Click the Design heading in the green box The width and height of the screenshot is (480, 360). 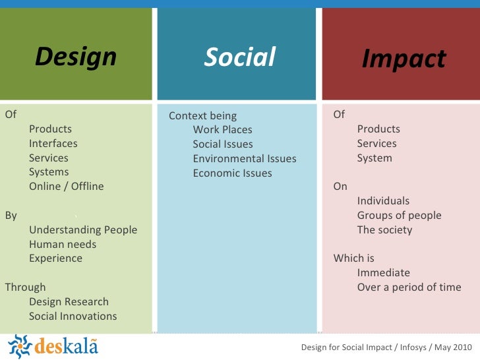76,57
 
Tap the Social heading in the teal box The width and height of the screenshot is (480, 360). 239,57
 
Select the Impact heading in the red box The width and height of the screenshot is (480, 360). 404,59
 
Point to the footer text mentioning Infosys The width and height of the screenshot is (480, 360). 386,347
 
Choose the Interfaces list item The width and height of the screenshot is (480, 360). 53,144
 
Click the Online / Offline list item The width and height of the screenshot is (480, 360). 66,186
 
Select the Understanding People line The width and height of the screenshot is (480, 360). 83,230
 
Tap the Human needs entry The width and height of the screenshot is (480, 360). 63,245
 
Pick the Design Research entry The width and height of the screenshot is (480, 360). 69,302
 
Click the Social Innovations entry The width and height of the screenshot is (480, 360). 73,316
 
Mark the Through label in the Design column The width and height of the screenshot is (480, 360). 25,287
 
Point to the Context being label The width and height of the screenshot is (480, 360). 202,116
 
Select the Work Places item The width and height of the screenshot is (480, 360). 222,130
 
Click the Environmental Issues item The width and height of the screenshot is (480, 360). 245,159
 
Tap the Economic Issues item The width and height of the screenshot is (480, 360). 232,173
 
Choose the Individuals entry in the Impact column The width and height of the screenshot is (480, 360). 383,201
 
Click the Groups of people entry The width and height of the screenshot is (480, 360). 399,216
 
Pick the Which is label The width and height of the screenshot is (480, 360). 353,258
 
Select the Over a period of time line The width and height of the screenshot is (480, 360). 409,287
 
